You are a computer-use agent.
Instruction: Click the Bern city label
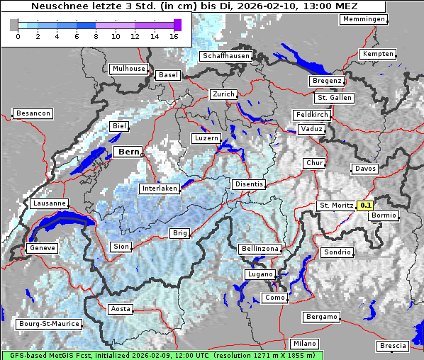pyautogui.click(x=129, y=152)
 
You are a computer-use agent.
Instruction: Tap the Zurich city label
pyautogui.click(x=223, y=94)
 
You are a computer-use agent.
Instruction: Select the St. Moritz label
pyautogui.click(x=336, y=206)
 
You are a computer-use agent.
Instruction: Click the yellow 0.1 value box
pyautogui.click(x=365, y=206)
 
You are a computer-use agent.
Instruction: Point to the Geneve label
pyautogui.click(x=41, y=248)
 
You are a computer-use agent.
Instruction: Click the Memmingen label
pyautogui.click(x=364, y=19)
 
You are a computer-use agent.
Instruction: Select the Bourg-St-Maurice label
pyautogui.click(x=49, y=324)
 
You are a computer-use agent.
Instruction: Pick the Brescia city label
pyautogui.click(x=394, y=345)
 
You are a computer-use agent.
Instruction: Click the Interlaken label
pyautogui.click(x=160, y=189)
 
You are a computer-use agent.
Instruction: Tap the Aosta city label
pyautogui.click(x=121, y=309)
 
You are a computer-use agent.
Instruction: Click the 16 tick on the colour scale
pyautogui.click(x=174, y=36)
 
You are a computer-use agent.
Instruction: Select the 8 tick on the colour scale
pyautogui.click(x=95, y=36)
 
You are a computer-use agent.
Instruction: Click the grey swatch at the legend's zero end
pyautogui.click(x=14, y=25)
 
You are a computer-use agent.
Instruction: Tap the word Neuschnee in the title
pyautogui.click(x=56, y=6)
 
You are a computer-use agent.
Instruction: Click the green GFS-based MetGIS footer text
pyautogui.click(x=162, y=355)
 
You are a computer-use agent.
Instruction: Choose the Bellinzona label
pyautogui.click(x=260, y=249)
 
